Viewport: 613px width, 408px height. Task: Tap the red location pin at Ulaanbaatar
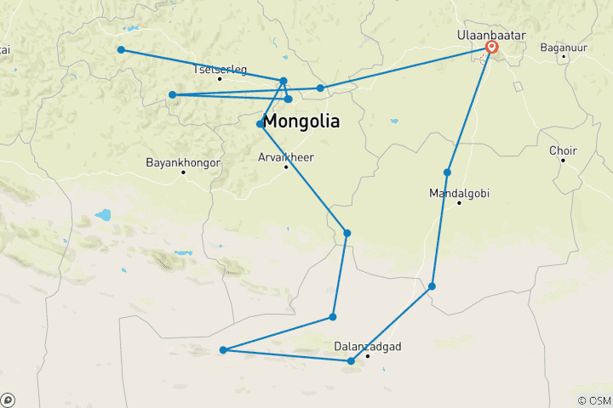491,48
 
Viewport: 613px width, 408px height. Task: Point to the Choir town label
563,150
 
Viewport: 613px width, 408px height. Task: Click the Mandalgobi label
459,193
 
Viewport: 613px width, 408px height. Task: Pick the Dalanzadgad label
367,346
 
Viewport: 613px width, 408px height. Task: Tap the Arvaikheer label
285,156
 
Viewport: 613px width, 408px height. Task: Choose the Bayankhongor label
183,161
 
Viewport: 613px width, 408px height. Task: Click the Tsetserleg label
220,69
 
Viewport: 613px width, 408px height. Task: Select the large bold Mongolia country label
301,122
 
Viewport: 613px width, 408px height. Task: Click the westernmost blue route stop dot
121,50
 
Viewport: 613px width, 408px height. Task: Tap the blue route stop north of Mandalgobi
447,173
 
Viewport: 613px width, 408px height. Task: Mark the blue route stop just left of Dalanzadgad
351,361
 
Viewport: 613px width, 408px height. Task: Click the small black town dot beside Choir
563,161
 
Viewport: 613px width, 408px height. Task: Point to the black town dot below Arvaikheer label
286,167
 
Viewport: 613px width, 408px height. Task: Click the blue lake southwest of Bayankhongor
103,215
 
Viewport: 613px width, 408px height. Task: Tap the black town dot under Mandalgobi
459,203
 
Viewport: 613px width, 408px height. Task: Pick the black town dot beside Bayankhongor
183,172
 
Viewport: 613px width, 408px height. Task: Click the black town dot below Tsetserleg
220,79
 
